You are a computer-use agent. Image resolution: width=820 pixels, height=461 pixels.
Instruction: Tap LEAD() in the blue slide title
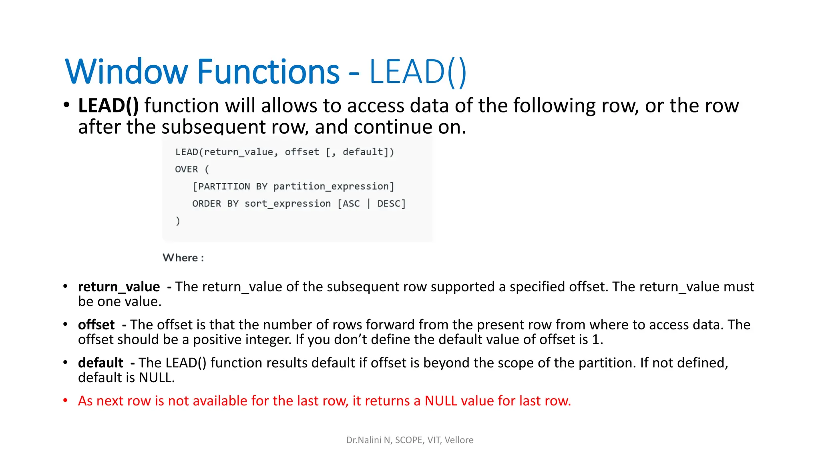(418, 72)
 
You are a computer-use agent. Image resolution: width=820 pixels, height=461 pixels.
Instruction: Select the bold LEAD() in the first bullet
(109, 106)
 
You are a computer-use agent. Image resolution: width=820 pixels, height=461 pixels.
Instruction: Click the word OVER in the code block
(187, 169)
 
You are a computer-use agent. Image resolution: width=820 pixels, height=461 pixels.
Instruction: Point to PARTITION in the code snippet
(224, 186)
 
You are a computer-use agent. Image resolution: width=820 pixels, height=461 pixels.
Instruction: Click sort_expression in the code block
(287, 204)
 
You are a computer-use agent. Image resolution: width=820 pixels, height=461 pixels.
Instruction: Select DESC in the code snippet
(388, 204)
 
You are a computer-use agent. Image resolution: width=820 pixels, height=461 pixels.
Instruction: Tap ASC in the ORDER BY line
(351, 204)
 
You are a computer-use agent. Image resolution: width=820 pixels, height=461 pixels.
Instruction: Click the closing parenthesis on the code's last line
(178, 221)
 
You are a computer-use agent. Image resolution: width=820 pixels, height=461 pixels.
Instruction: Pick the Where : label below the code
(183, 258)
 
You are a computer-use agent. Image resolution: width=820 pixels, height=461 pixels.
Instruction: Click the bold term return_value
(119, 287)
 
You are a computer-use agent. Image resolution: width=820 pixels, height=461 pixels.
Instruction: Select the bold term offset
(96, 325)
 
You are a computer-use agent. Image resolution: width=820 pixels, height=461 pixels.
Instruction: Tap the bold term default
(100, 363)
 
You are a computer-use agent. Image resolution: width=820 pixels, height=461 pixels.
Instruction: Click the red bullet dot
(65, 400)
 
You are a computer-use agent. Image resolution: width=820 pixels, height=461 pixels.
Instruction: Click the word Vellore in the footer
(459, 440)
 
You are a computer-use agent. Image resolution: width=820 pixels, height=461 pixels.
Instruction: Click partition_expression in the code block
(331, 186)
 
